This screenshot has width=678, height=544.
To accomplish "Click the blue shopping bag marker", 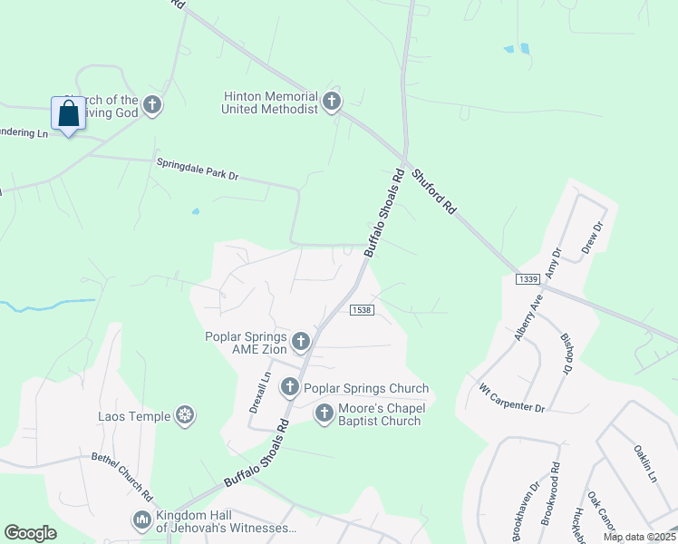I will pyautogui.click(x=68, y=114).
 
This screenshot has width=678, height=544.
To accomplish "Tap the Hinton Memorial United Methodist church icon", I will pyautogui.click(x=332, y=102).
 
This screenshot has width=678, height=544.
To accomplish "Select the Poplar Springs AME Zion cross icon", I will pyautogui.click(x=301, y=342).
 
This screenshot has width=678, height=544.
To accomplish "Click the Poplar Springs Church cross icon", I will pyautogui.click(x=289, y=388).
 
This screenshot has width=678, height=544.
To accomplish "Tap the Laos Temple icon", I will pyautogui.click(x=185, y=416).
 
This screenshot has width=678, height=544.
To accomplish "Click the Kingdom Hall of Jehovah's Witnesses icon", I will pyautogui.click(x=142, y=520).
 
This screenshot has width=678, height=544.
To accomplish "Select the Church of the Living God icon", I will pyautogui.click(x=151, y=105).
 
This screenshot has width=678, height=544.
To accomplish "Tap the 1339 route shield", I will pyautogui.click(x=528, y=279).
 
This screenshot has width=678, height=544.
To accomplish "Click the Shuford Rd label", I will pyautogui.click(x=433, y=190).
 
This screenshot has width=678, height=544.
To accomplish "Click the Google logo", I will pyautogui.click(x=31, y=533).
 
